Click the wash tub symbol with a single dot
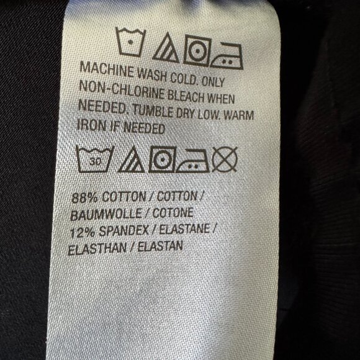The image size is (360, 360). (130, 42)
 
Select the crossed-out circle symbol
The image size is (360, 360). (225, 159)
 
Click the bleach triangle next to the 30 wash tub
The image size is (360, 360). (131, 160)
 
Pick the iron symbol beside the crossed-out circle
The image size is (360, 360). (192, 161)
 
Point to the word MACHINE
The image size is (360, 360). (107, 70)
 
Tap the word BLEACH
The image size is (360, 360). (186, 96)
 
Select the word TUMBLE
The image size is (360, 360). (153, 111)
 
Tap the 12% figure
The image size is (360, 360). (82, 233)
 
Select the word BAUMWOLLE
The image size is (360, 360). (106, 214)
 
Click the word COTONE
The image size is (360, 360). (173, 213)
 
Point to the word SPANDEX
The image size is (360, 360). (124, 231)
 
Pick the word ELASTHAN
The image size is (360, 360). (97, 249)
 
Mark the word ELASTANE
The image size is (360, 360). (184, 230)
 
